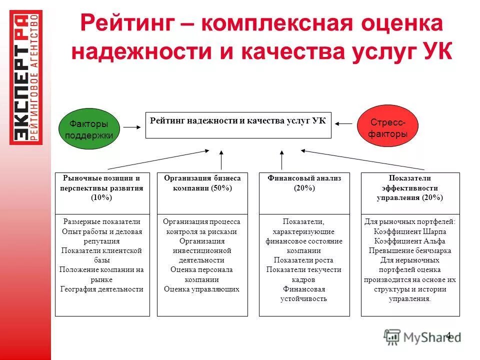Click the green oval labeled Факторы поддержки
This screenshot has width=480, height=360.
point(89,129)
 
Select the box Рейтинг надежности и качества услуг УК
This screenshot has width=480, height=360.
point(238,124)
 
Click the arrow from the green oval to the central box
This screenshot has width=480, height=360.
point(132,127)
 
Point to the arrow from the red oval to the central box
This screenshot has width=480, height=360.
point(344,123)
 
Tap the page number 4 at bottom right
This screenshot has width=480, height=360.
point(448,335)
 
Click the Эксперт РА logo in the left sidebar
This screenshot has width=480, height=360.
point(26,77)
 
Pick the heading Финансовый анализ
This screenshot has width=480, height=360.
point(304,178)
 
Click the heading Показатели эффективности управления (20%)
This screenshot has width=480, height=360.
point(409,188)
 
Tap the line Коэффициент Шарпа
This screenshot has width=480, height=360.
point(409,231)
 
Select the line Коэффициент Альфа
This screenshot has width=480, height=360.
point(409,241)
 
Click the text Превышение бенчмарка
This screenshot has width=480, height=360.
point(409,250)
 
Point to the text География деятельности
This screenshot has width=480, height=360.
point(102,289)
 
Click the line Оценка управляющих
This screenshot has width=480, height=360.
point(202,289)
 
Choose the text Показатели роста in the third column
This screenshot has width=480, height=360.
point(303,260)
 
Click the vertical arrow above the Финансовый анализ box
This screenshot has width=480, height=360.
point(282,160)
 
